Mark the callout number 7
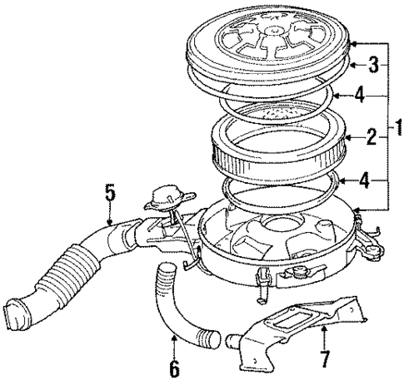point(323,360)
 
